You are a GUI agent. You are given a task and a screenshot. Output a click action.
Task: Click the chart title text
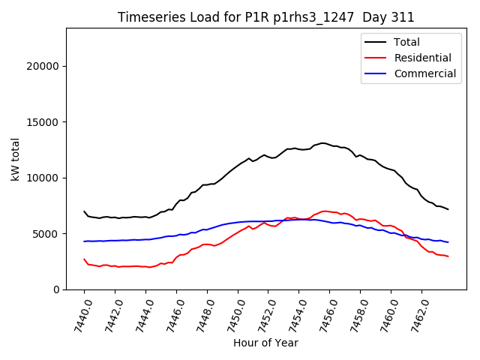coord(266,17)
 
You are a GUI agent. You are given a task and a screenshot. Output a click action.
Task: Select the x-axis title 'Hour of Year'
coord(265,343)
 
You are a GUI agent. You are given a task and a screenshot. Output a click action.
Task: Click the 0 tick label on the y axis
coord(56,289)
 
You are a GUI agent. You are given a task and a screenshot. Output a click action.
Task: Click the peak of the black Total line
coord(322,142)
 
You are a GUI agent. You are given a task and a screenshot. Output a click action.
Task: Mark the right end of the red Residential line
coord(448,256)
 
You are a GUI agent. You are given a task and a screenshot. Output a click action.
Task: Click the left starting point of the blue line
coord(84,241)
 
